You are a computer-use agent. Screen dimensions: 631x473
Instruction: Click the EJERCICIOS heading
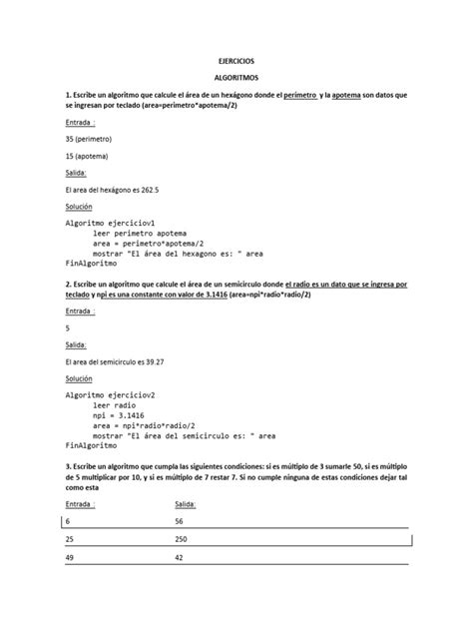[236, 61]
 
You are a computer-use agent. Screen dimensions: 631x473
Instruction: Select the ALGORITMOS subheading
[236, 77]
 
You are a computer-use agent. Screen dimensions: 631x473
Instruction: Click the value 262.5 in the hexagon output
[151, 190]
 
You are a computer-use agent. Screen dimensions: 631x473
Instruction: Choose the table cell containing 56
[180, 522]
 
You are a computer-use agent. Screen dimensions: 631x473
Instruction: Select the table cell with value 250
[183, 541]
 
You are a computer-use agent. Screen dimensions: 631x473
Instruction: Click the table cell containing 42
[180, 560]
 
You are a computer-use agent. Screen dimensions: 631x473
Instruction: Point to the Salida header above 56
[186, 505]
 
